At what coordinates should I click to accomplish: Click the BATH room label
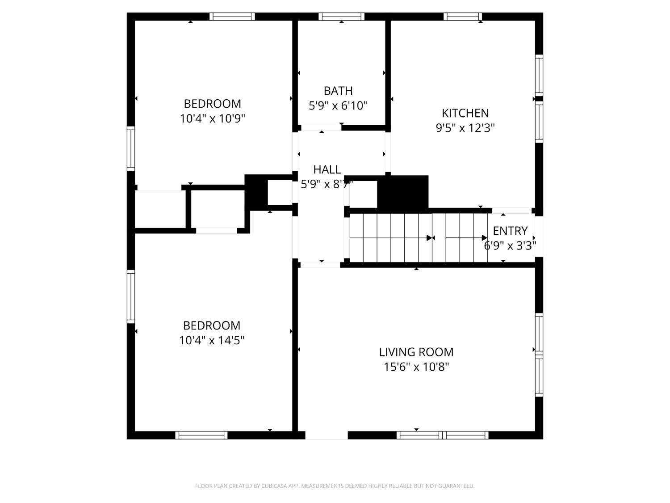click(338, 91)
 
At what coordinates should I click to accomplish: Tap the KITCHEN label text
click(465, 113)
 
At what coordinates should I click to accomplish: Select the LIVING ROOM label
click(416, 352)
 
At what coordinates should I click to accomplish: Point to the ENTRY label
click(510, 231)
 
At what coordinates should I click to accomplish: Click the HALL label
click(327, 169)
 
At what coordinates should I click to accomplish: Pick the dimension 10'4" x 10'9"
click(213, 118)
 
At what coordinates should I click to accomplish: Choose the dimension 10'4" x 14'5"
click(212, 340)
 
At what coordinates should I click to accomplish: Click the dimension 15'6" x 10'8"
click(416, 367)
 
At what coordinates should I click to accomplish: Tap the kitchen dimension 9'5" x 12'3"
click(465, 128)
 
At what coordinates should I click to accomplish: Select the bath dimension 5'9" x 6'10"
click(338, 106)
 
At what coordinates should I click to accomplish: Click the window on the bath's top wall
click(342, 17)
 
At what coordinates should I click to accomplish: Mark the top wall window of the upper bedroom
click(232, 17)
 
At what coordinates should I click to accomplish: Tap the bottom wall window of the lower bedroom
click(201, 435)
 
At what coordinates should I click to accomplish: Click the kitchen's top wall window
click(463, 17)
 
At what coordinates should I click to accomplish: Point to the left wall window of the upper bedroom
click(130, 149)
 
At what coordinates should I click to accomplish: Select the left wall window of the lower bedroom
click(130, 296)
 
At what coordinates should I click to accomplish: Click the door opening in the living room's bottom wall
click(327, 435)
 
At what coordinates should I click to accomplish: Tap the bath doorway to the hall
click(321, 128)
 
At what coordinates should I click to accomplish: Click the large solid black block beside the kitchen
click(403, 192)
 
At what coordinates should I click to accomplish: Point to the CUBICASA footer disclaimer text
click(335, 486)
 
